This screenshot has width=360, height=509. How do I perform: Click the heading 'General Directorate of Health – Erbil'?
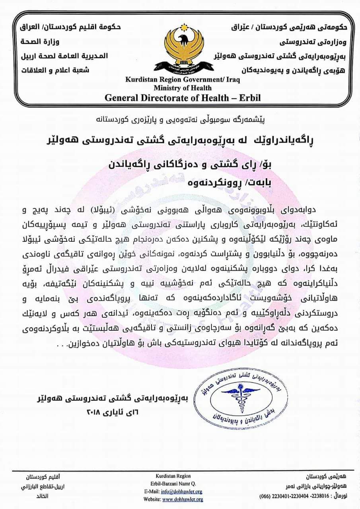point(183,97)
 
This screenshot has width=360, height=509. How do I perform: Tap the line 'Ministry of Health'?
point(183,87)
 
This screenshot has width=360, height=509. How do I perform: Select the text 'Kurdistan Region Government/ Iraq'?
point(183,80)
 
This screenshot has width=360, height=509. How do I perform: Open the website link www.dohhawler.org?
point(183,499)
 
